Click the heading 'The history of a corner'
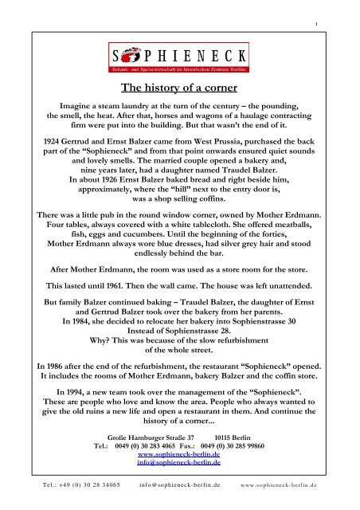tap(179, 89)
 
